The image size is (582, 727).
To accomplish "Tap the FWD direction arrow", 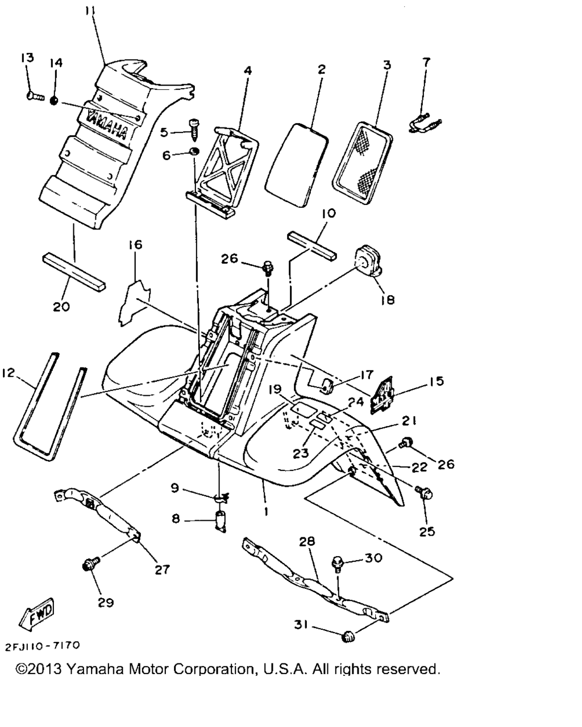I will (x=38, y=613).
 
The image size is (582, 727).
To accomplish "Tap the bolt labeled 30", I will (x=337, y=564).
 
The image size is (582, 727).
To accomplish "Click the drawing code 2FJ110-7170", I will (x=42, y=646).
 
